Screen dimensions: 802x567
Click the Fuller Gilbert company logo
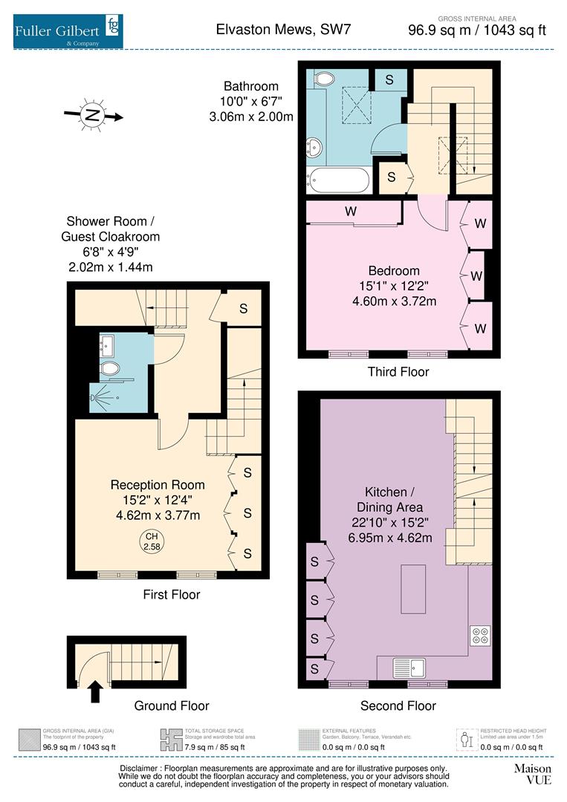(68, 30)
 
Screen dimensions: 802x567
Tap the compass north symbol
(92, 115)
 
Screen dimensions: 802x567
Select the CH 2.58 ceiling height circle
(152, 541)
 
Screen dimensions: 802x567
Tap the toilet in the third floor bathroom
(324, 78)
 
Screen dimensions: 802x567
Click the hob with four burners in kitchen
(479, 635)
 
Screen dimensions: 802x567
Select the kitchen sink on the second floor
(409, 666)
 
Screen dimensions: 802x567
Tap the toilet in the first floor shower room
(109, 368)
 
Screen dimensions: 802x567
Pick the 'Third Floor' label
(398, 371)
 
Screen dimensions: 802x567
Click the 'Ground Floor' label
(171, 705)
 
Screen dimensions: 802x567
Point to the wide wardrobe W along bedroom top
(351, 212)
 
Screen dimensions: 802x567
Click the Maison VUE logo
(532, 773)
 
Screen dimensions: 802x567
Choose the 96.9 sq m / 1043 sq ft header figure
(477, 30)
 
